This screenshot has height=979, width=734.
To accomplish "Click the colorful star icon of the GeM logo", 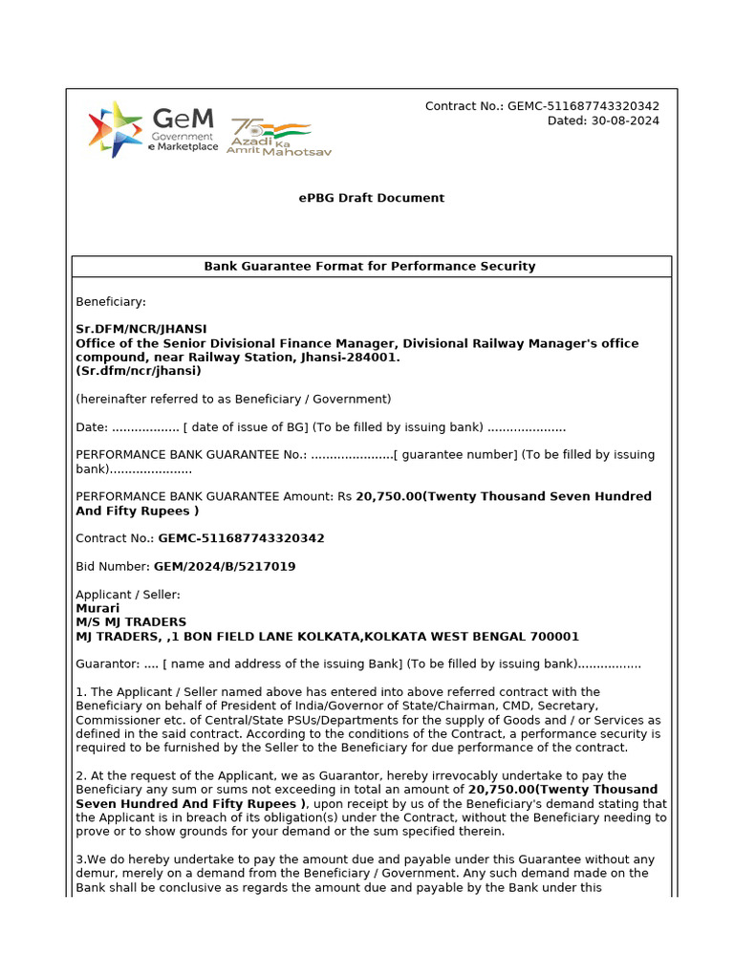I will (115, 129).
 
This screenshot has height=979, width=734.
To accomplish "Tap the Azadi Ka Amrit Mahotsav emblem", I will (277, 137).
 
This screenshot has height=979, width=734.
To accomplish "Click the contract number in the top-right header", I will (583, 106).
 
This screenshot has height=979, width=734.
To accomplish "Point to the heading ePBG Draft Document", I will (371, 198).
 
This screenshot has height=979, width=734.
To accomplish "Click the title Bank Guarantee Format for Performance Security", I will (370, 267).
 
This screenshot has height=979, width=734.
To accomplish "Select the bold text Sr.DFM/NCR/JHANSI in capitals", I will (141, 329).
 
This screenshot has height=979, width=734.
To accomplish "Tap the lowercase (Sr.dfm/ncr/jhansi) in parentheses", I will (139, 371).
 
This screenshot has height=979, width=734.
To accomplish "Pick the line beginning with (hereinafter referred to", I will (233, 399).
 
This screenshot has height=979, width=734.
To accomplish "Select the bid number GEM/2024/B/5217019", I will (225, 566).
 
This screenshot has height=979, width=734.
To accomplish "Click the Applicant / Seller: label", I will (128, 595).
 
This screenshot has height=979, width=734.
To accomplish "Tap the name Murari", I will (97, 608).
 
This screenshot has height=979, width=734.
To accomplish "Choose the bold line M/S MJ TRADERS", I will (131, 621).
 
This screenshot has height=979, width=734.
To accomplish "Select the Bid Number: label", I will (113, 566).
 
